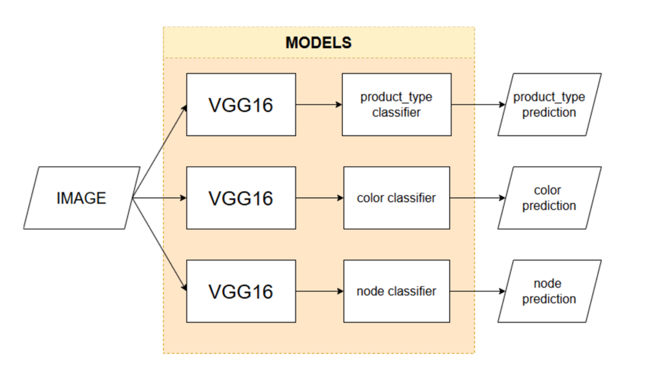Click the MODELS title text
coord(318,43)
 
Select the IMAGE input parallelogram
coord(82,198)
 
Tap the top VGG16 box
coord(241,105)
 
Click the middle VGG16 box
coord(241,198)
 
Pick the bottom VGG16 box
coord(241,291)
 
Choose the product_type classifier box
coord(396,105)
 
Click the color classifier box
coord(396,198)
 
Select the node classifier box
coord(396,291)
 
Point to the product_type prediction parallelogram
coord(549,105)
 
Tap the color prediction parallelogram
coord(549,198)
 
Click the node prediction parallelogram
coord(549,291)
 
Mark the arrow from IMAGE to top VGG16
coord(160,151)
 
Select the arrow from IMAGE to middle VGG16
coord(160,198)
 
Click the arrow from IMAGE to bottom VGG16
coord(160,244)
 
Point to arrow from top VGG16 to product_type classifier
coord(319,105)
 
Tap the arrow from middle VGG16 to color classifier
coord(320,198)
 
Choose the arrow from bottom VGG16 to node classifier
coord(320,291)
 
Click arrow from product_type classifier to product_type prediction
coord(478,105)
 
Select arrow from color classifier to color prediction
coord(478,198)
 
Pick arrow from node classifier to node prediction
coord(478,291)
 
